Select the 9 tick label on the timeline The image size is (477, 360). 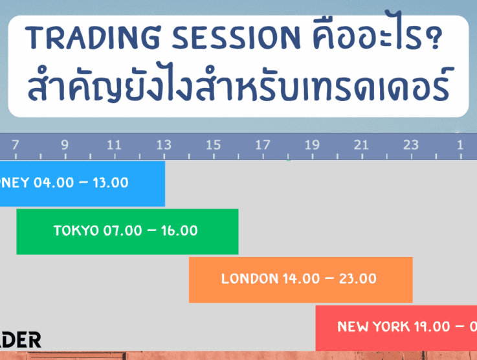click(x=65, y=145)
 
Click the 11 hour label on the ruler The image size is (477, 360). click(x=114, y=145)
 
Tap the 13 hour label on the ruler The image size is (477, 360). click(x=164, y=145)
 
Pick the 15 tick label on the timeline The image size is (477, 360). click(x=213, y=145)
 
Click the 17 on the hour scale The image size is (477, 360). click(x=262, y=145)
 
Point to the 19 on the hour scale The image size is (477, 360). click(x=312, y=145)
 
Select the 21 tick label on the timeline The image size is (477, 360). click(x=361, y=145)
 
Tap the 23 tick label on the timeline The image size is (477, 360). click(x=411, y=145)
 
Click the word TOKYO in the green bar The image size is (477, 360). click(x=76, y=231)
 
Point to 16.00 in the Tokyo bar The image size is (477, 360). click(x=178, y=231)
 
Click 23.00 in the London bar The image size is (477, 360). click(x=357, y=279)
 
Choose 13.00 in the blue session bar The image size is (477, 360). click(x=111, y=183)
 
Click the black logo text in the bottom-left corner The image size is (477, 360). click(x=20, y=340)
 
